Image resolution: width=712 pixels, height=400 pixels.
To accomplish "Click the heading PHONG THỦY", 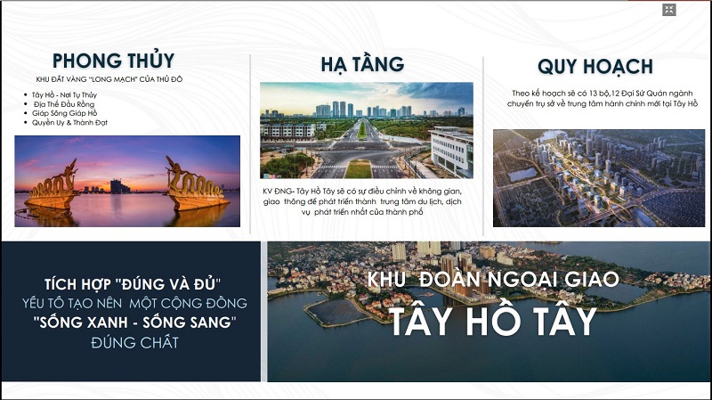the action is pyautogui.click(x=114, y=61).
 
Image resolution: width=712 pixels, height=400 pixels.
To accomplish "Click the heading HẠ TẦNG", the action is pyautogui.click(x=362, y=64).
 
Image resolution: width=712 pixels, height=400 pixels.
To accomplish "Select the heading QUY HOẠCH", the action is pyautogui.click(x=595, y=67).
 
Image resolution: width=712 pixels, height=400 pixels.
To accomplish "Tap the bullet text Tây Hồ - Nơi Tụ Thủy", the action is pyautogui.click(x=64, y=95).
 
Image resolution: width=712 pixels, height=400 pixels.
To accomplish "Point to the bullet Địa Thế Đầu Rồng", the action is pyautogui.click(x=64, y=104).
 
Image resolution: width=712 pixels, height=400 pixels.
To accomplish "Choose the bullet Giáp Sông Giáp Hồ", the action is pyautogui.click(x=64, y=113).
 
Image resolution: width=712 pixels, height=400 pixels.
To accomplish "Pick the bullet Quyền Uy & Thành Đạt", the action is pyautogui.click(x=69, y=122).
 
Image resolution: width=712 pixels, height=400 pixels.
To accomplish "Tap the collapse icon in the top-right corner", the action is pyautogui.click(x=669, y=10).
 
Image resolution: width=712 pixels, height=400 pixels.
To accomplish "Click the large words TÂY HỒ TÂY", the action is pyautogui.click(x=493, y=321).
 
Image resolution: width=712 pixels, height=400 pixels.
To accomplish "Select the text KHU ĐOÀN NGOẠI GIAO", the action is pyautogui.click(x=493, y=279).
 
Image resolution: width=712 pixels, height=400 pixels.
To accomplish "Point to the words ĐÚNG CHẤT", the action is pyautogui.click(x=134, y=342).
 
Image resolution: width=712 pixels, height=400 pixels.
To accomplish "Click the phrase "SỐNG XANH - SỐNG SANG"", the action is pyautogui.click(x=135, y=322).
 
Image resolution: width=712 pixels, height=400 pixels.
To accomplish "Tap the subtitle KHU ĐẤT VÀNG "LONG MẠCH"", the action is pyautogui.click(x=87, y=79).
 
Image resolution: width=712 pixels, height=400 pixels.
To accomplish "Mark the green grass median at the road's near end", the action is pyautogui.click(x=359, y=168).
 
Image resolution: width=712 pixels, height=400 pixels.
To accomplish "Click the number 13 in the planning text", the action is pyautogui.click(x=594, y=94).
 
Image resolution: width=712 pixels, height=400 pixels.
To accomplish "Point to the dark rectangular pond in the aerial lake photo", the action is pyautogui.click(x=334, y=312).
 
